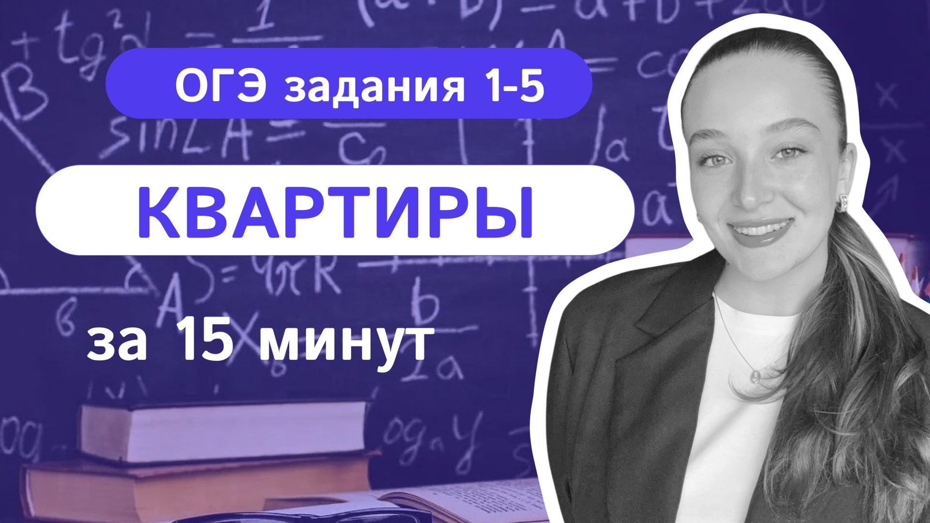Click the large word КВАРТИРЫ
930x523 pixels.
pyautogui.click(x=335, y=211)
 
